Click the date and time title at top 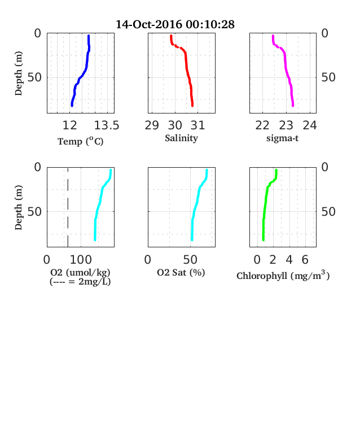175,24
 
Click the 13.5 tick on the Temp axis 107,125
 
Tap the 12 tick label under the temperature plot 70,125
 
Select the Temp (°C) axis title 81,141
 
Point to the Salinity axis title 182,138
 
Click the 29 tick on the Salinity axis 152,125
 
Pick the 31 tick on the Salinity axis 197,125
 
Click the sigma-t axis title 282,138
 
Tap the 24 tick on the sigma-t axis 310,125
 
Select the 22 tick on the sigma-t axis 262,125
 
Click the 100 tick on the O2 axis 81,260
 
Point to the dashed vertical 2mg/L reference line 68,207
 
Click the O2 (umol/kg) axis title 80,272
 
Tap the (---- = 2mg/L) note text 80,282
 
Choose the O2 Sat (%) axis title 181,272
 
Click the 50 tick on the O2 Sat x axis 190,260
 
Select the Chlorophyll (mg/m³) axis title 283,276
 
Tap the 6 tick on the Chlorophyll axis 305,260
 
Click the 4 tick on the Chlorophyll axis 289,260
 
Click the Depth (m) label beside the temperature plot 18,73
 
